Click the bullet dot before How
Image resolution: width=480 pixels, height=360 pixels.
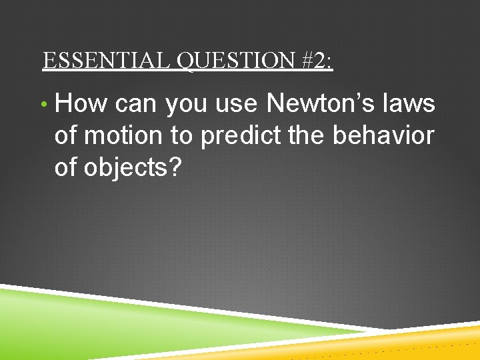pos(43,105)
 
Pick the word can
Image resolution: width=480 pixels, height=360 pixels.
pos(136,104)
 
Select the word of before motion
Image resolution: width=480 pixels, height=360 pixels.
pos(66,136)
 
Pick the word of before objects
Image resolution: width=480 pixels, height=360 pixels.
pos(66,168)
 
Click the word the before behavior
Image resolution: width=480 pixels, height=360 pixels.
pos(306,136)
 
